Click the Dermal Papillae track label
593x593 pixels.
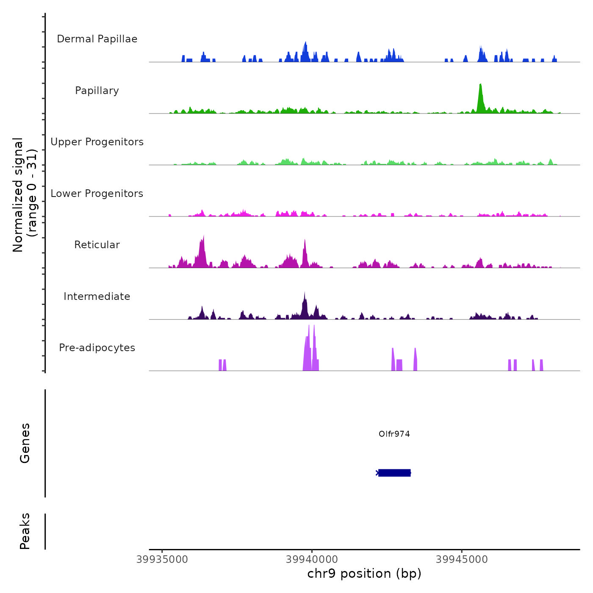point(97,39)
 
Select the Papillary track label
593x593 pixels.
point(97,91)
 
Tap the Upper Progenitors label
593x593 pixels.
point(97,142)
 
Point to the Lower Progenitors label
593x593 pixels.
point(97,194)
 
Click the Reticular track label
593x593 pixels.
point(97,245)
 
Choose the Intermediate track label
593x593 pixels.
point(97,296)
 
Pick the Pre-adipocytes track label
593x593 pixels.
point(97,348)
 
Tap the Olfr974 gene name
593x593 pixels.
point(394,434)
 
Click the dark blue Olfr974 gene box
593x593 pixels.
point(394,473)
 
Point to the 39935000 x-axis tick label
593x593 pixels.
point(162,560)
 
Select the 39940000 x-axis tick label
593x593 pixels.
point(312,560)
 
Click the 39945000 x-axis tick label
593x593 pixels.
point(462,560)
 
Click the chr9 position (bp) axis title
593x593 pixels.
point(364,574)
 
